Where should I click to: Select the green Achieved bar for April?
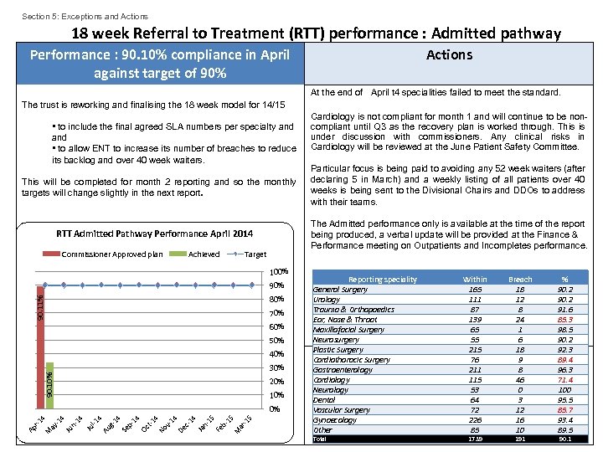[50, 385]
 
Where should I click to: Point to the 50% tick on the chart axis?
[277, 341]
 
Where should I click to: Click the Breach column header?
[521, 280]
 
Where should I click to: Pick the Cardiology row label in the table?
[331, 380]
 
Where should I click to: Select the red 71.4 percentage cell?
[565, 380]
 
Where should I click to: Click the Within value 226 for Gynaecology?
[475, 420]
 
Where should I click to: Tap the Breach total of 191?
[521, 439]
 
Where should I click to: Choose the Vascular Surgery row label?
[342, 410]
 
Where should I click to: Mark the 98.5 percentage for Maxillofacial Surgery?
[565, 330]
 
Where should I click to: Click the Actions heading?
[449, 55]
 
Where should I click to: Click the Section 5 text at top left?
[85, 16]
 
